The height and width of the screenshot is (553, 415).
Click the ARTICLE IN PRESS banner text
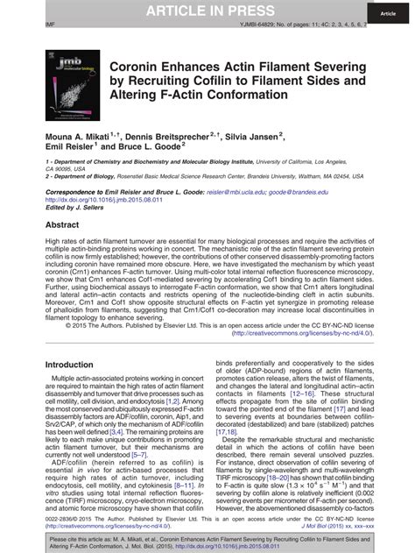pos(207,10)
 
